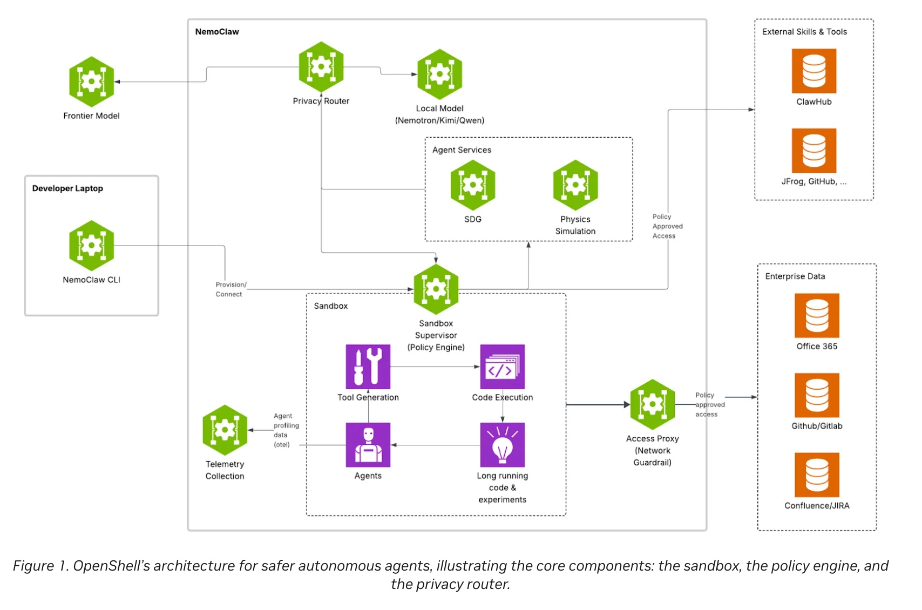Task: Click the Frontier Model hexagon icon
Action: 91,82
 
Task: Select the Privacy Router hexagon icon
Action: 321,66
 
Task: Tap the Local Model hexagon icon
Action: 439,74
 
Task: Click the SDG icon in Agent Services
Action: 473,185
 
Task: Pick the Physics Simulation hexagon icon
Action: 575,185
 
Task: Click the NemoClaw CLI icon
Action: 91,245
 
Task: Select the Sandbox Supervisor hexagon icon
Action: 436,289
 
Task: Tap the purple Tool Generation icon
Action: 368,367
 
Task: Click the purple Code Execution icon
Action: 502,367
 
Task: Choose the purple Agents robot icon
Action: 368,445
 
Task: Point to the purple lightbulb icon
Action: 502,445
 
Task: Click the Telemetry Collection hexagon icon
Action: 225,430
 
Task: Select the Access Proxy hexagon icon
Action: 652,404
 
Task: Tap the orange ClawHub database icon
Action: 813,71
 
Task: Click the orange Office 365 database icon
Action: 817,315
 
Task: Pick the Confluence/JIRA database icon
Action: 817,475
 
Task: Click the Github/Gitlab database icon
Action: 817,395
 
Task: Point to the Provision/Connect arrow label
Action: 231,289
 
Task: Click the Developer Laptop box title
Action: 67,188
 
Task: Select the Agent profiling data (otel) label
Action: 286,430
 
